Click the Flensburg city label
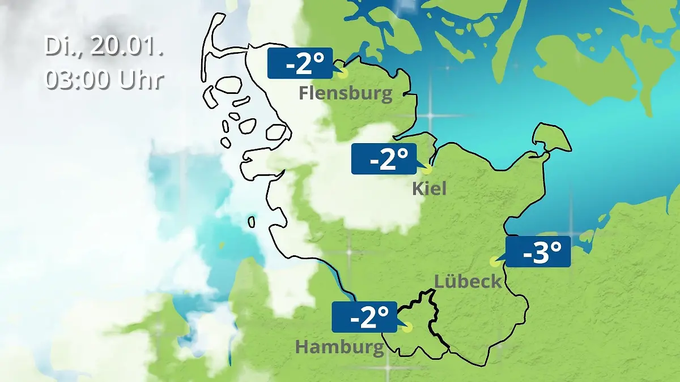[345, 93]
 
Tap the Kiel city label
[429, 188]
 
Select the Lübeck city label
[468, 281]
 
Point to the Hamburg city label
[339, 346]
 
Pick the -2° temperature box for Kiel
[384, 159]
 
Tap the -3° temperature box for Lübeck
[538, 252]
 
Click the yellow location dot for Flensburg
[342, 73]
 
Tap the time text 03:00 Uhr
[104, 80]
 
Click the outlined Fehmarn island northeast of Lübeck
[551, 138]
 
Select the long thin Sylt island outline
[212, 42]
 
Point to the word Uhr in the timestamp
[141, 80]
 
